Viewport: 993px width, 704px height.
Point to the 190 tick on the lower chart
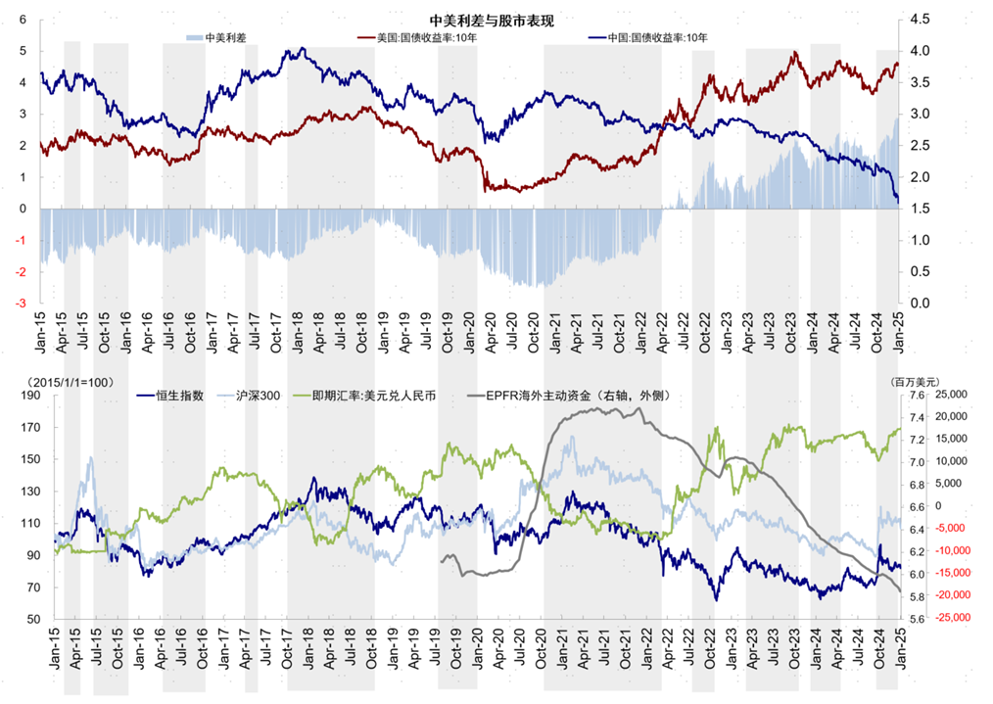[x=30, y=395]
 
